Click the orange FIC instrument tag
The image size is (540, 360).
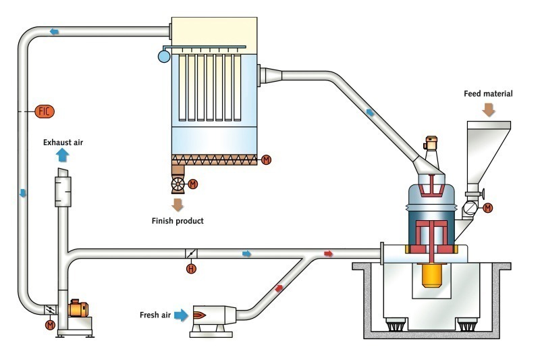pyautogui.click(x=45, y=111)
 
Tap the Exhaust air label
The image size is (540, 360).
pyautogui.click(x=63, y=143)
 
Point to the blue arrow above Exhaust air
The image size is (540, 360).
pyautogui.click(x=62, y=155)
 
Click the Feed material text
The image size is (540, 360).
pyautogui.click(x=488, y=93)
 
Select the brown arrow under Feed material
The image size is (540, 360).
pyautogui.click(x=489, y=109)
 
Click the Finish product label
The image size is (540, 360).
pyautogui.click(x=178, y=221)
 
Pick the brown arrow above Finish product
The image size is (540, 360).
pyautogui.click(x=178, y=205)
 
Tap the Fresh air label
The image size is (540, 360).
pyautogui.click(x=155, y=315)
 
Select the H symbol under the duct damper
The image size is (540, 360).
pyautogui.click(x=191, y=269)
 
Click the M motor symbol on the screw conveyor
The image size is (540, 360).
pyautogui.click(x=266, y=160)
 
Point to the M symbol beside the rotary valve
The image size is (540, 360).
pyautogui.click(x=193, y=184)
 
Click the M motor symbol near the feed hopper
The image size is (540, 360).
pyautogui.click(x=487, y=207)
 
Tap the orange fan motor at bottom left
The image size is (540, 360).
pyautogui.click(x=76, y=309)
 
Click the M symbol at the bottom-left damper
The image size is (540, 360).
pyautogui.click(x=49, y=325)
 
